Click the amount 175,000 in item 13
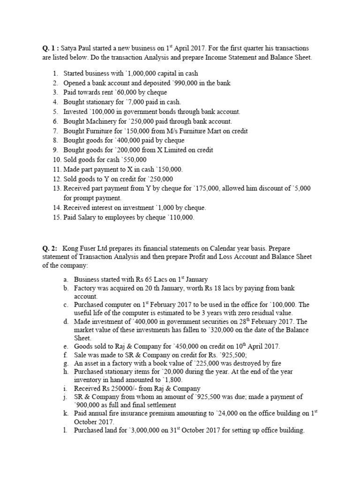[203, 188]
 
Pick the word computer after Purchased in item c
[117, 304]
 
